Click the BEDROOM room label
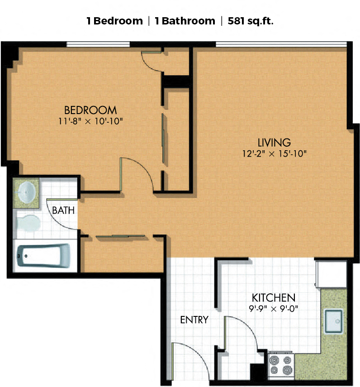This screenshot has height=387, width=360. [90, 110]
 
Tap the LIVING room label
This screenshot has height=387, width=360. [274, 143]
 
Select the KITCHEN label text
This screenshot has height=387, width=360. [274, 298]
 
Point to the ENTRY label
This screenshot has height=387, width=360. [194, 320]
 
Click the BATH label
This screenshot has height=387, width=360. [63, 210]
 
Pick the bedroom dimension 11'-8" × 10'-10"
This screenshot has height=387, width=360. [90, 121]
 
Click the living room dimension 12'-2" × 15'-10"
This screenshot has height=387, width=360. [275, 154]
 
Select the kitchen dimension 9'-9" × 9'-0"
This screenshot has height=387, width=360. [274, 309]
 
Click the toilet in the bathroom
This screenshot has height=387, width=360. [28, 223]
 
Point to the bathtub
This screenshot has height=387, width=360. [43, 256]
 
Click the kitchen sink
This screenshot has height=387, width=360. [334, 321]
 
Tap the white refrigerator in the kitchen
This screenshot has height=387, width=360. [331, 274]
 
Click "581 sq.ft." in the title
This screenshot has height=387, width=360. [251, 21]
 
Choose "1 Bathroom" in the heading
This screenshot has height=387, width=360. [185, 21]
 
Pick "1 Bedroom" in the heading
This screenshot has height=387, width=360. [115, 21]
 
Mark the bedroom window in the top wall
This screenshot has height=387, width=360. [98, 44]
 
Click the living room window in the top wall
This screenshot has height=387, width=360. [281, 44]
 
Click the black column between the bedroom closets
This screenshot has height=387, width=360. [176, 81]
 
